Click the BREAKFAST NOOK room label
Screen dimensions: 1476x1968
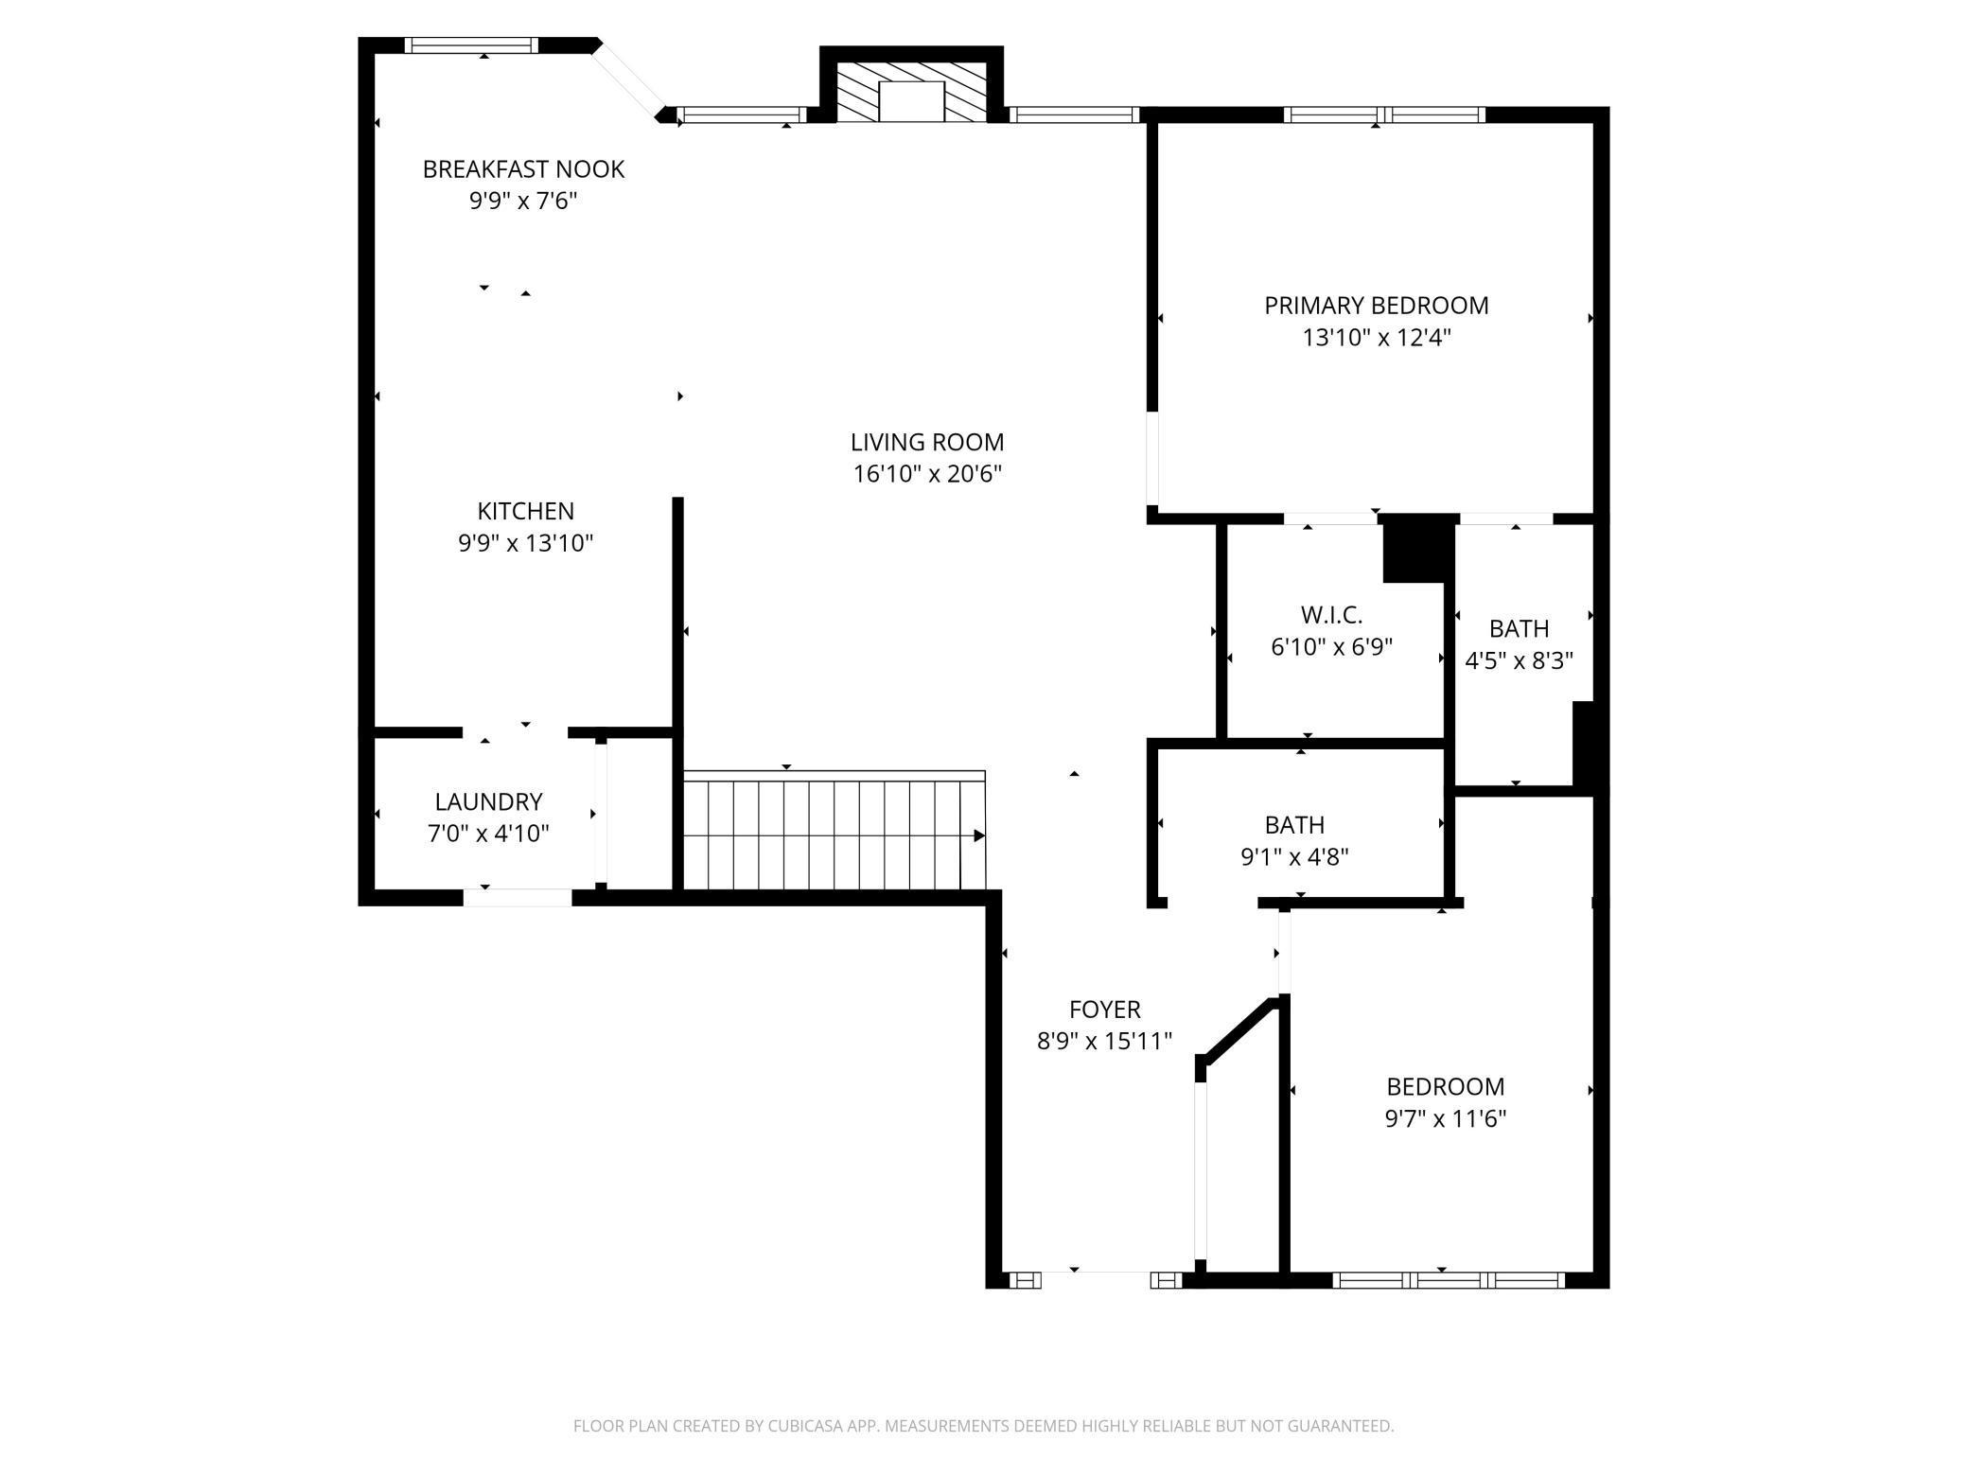[523, 169]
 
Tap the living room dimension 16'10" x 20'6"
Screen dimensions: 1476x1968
[926, 474]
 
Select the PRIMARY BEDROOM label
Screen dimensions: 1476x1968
[1376, 306]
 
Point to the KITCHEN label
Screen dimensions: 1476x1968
[525, 512]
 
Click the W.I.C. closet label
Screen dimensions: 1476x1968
[1331, 615]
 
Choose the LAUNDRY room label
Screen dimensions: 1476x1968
[488, 802]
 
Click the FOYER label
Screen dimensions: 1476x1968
[1104, 1010]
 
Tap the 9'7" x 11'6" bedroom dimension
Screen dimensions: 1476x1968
[1445, 1119]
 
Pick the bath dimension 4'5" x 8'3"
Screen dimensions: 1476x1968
[1519, 661]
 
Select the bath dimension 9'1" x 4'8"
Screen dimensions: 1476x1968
[1293, 857]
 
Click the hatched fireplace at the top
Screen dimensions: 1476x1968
[910, 92]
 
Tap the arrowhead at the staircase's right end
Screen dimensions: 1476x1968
[979, 835]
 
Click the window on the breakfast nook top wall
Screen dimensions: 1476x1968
[471, 44]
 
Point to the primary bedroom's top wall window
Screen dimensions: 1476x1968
[1384, 114]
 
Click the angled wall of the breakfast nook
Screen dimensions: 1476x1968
[626, 80]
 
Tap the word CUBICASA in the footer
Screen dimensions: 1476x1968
[782, 1426]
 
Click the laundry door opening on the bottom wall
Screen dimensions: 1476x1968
[518, 897]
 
